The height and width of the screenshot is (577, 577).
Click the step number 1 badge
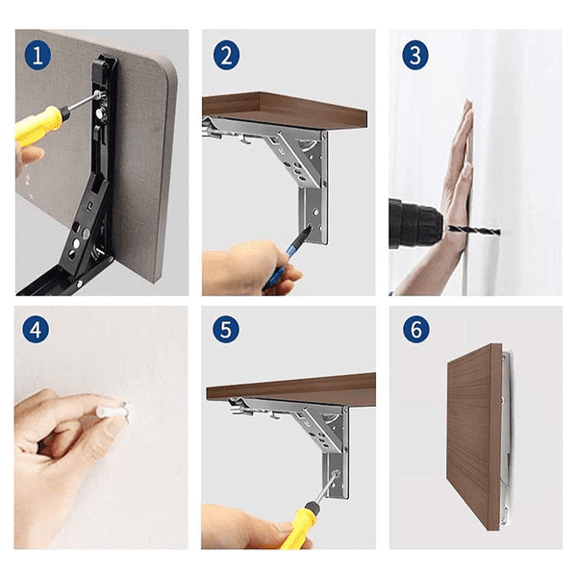tap(38, 56)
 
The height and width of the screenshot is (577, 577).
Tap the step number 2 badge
tap(226, 55)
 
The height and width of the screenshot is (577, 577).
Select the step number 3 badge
tap(415, 55)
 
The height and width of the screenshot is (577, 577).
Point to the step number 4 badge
tap(36, 329)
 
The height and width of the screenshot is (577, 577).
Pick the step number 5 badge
tap(226, 329)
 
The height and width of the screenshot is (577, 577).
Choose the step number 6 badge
tap(415, 329)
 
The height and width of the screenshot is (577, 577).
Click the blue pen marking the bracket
tap(286, 258)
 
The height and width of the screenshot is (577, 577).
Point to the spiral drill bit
tap(474, 231)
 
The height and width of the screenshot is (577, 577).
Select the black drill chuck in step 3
tap(414, 223)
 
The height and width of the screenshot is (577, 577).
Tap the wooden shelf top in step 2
tap(285, 110)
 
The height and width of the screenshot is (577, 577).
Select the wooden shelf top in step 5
tap(290, 389)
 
